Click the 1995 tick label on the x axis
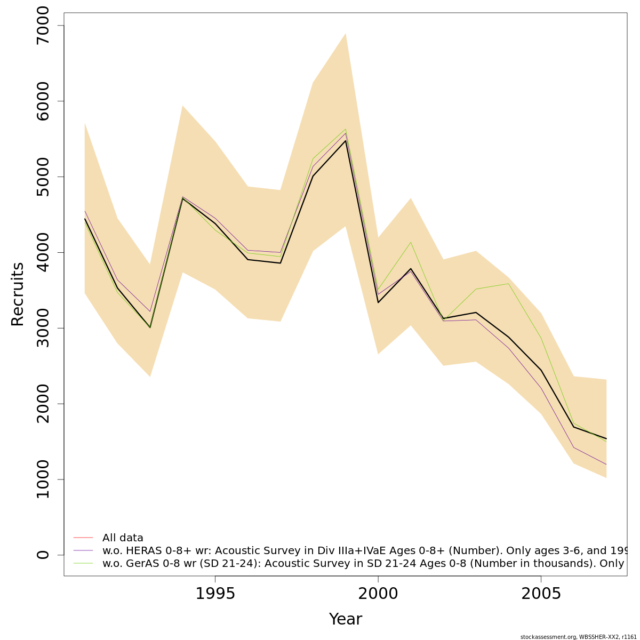215,594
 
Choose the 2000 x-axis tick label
378,594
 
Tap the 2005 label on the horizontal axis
541,594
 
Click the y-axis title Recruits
18,294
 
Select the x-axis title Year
345,619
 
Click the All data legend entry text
123,538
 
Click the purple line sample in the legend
83,550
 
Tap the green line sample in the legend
83,563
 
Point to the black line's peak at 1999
346,141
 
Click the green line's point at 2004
509,284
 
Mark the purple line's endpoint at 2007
606,465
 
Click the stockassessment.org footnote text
578,637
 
